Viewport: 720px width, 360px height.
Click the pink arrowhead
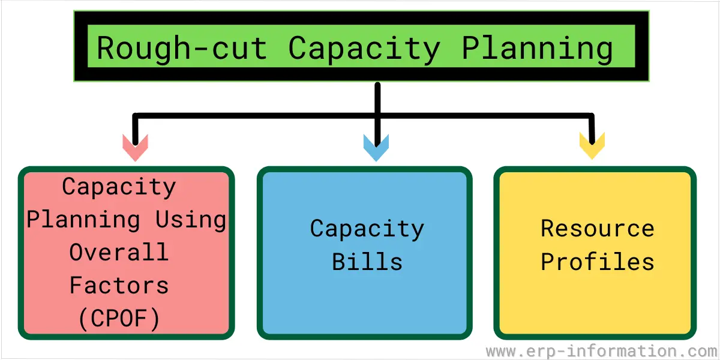click(x=136, y=148)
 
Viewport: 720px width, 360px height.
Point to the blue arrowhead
click(x=376, y=148)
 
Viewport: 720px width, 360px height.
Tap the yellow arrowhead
click(x=592, y=146)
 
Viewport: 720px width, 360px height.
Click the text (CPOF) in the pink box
click(x=119, y=319)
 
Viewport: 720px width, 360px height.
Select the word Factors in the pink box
click(x=119, y=285)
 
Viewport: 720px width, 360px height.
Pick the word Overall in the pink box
click(x=119, y=252)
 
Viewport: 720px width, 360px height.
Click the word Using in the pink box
click(x=191, y=220)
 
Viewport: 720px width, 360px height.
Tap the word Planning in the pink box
click(x=83, y=220)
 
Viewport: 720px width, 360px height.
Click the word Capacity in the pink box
click(x=119, y=187)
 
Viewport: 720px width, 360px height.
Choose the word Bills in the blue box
click(x=367, y=262)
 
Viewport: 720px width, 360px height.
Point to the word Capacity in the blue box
click(x=367, y=229)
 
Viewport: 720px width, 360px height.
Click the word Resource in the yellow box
click(x=598, y=229)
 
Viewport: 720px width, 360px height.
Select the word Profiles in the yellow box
click(x=598, y=262)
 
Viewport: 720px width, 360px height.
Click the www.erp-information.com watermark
click(x=602, y=350)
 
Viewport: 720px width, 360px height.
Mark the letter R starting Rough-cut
click(x=106, y=47)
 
